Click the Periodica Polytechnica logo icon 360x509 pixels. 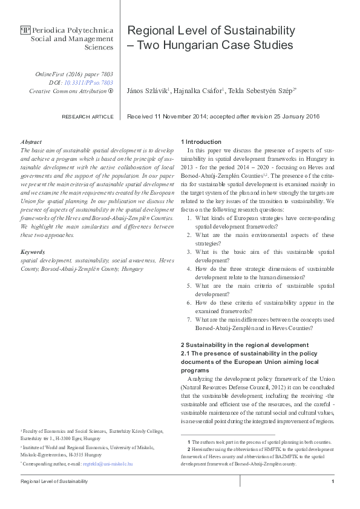25,29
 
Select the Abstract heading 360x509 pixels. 31,141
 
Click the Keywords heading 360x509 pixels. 33,251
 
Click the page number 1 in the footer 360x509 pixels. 333,481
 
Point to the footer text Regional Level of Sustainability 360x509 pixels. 54,481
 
